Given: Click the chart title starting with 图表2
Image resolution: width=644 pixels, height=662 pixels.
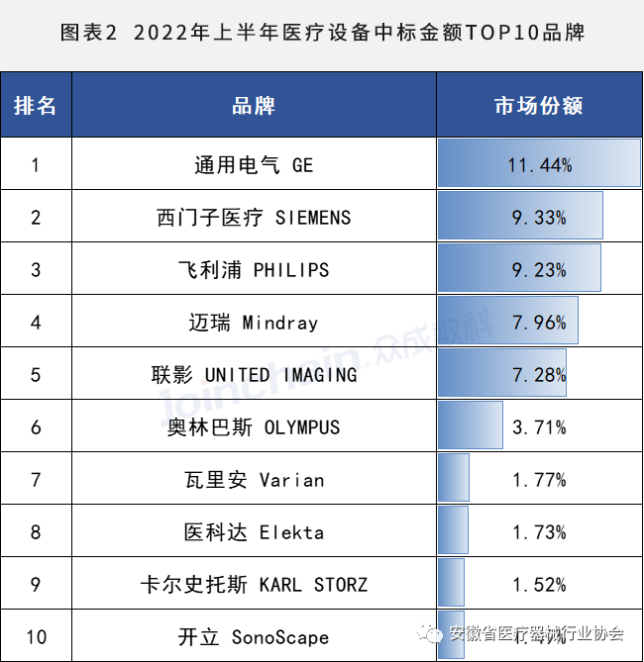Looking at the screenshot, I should [322, 33].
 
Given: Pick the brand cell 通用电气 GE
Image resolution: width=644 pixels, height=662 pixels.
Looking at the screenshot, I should [254, 165].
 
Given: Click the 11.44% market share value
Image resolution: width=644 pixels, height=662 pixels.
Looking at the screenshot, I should [539, 165].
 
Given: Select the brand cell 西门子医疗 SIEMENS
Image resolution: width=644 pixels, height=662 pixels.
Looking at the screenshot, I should [254, 217].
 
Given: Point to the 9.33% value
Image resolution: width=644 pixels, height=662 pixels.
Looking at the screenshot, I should [539, 218].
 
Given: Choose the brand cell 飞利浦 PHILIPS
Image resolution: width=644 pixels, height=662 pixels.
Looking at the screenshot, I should [254, 269].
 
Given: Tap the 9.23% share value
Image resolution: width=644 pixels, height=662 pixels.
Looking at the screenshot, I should [539, 270].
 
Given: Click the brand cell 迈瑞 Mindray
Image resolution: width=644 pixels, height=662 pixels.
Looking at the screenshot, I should [254, 323].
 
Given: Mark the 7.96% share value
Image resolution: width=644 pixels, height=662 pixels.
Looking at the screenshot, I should [539, 323].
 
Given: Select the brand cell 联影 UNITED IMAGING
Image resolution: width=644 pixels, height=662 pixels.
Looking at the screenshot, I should [254, 375].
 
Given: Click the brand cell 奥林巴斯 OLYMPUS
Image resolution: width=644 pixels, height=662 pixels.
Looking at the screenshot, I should [254, 427].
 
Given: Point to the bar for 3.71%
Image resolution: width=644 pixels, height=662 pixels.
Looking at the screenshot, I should [471, 426].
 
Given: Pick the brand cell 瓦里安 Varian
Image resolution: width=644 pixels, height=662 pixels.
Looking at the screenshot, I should [254, 480].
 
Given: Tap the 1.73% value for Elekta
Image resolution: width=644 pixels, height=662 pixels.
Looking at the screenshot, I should [539, 532].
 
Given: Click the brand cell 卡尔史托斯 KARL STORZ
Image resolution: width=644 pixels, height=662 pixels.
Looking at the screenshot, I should [254, 585].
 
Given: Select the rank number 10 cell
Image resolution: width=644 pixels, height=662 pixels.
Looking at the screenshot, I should [36, 636].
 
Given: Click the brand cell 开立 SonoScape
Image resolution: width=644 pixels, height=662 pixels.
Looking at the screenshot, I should [254, 636].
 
